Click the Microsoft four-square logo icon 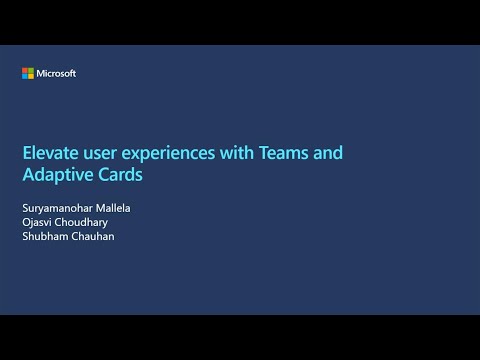(x=27, y=73)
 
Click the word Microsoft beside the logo (x=56, y=73)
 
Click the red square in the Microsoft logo (x=24, y=70)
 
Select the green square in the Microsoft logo (x=30, y=70)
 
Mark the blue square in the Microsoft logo (x=24, y=76)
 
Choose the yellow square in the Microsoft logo (x=30, y=76)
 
